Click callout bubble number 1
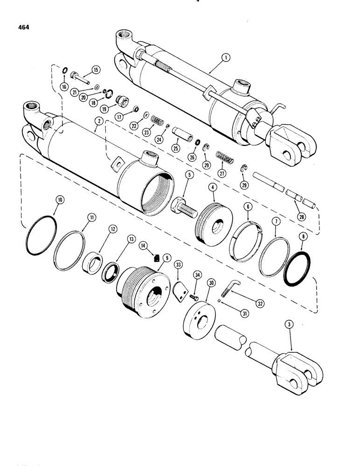[225, 58]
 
